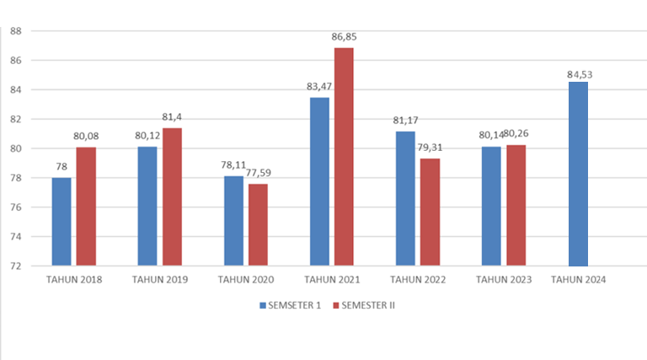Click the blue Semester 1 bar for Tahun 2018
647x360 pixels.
(61, 222)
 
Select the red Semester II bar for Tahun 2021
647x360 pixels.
(345, 157)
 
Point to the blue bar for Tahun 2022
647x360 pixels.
(405, 199)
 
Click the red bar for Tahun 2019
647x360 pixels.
(172, 197)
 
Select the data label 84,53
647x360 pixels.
(579, 74)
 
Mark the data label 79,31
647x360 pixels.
(430, 148)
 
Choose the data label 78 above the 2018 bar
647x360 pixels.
(61, 167)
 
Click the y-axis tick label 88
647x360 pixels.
(15, 31)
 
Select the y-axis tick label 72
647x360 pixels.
(15, 266)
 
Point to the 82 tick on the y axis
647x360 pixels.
(15, 120)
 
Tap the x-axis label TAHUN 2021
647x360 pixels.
(332, 279)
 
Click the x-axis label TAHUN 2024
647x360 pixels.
(578, 279)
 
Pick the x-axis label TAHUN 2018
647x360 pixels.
(74, 279)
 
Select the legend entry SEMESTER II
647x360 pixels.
(366, 305)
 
